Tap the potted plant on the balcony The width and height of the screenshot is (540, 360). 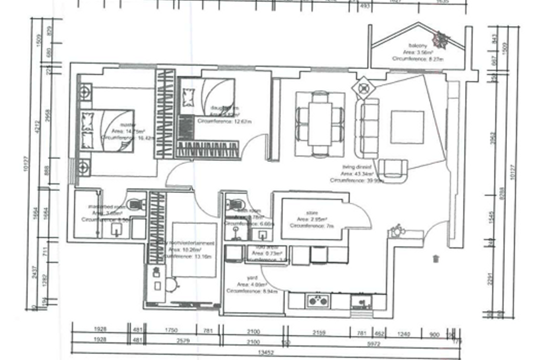[441, 39]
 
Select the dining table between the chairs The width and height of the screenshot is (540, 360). [320, 123]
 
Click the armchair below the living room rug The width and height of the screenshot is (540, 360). [393, 169]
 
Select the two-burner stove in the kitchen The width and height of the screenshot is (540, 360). [318, 300]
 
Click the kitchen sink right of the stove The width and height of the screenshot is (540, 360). [360, 300]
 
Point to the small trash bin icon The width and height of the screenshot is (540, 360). [436, 258]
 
